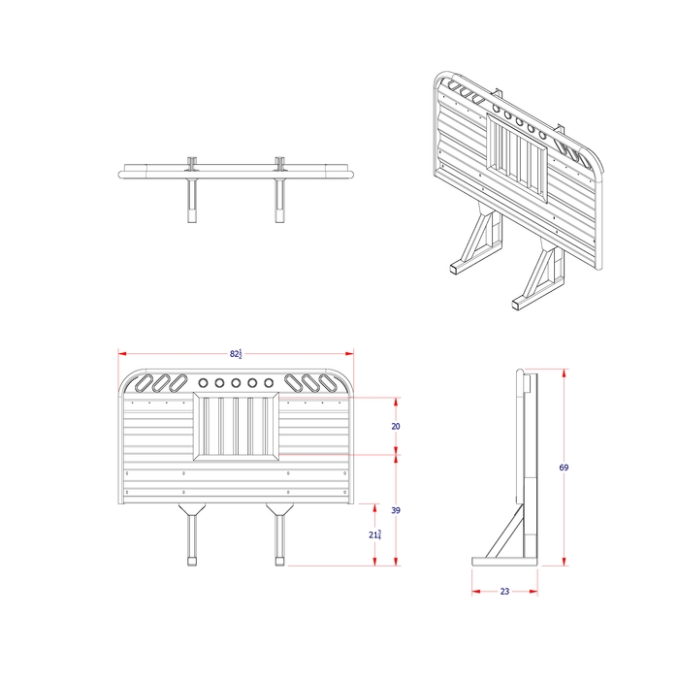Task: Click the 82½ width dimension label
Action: (x=236, y=353)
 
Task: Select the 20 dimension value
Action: (x=396, y=426)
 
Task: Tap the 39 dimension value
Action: (x=396, y=509)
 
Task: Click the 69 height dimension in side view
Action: (x=564, y=468)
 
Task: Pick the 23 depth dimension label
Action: (x=504, y=591)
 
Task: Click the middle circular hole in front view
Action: (x=236, y=383)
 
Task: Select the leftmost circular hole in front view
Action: (x=204, y=383)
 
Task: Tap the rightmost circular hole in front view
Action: (x=268, y=383)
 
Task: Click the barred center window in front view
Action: (x=236, y=426)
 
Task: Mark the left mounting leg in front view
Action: (x=192, y=538)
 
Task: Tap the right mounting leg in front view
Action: (x=279, y=538)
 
